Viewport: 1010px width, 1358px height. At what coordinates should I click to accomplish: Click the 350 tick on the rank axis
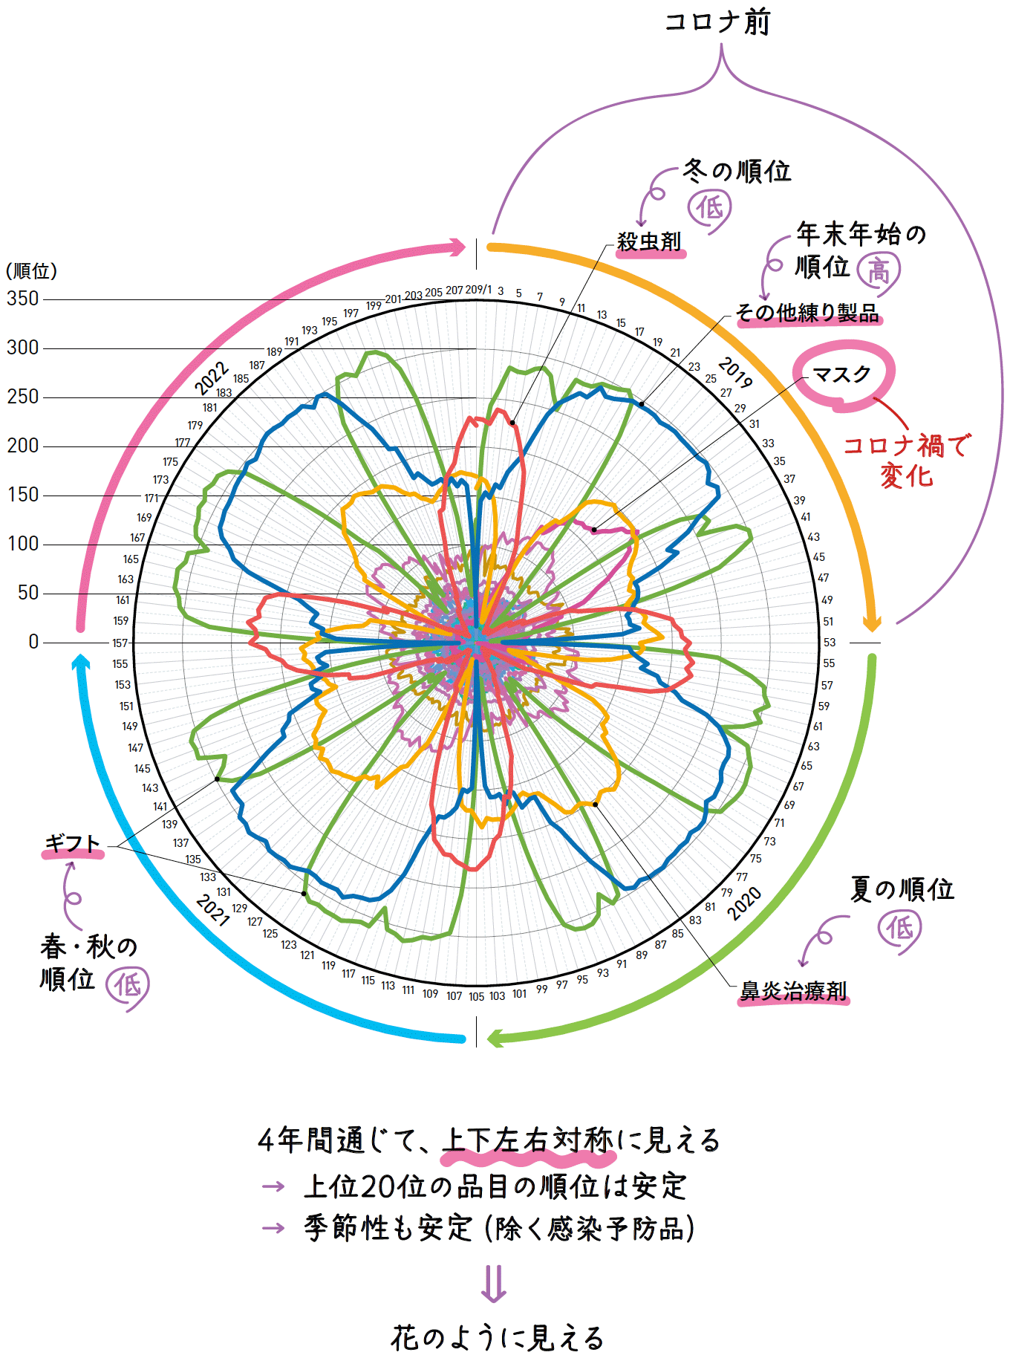point(23,298)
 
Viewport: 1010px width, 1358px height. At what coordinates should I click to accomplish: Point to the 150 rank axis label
point(23,494)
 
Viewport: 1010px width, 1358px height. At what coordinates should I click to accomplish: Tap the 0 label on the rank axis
point(33,641)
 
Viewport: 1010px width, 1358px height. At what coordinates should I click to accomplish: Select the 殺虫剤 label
point(649,241)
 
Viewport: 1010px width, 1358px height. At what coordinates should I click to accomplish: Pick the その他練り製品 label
point(807,313)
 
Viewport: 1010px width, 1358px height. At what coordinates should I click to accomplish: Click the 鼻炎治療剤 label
point(793,990)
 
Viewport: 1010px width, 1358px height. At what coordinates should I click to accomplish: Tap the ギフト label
point(73,843)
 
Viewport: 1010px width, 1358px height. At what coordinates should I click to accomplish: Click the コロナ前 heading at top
point(717,22)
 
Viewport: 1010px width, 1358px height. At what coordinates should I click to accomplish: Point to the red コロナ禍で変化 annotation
point(906,460)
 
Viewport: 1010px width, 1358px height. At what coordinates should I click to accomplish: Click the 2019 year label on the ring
point(735,372)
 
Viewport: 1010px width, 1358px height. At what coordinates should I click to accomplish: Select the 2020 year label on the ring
point(744,903)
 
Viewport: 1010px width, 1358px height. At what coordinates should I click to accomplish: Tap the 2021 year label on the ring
point(213,909)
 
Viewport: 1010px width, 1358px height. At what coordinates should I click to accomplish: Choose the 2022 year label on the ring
point(211,378)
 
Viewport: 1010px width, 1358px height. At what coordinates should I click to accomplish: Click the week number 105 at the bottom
point(476,996)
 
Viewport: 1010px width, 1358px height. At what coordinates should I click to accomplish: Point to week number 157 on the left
point(120,643)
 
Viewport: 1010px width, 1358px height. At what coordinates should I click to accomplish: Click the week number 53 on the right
point(830,642)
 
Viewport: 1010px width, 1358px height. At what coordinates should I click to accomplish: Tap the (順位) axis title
point(31,270)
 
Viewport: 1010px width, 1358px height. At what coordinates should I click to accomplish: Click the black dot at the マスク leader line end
point(594,530)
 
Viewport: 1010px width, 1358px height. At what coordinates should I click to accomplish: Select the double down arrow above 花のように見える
point(494,1284)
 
